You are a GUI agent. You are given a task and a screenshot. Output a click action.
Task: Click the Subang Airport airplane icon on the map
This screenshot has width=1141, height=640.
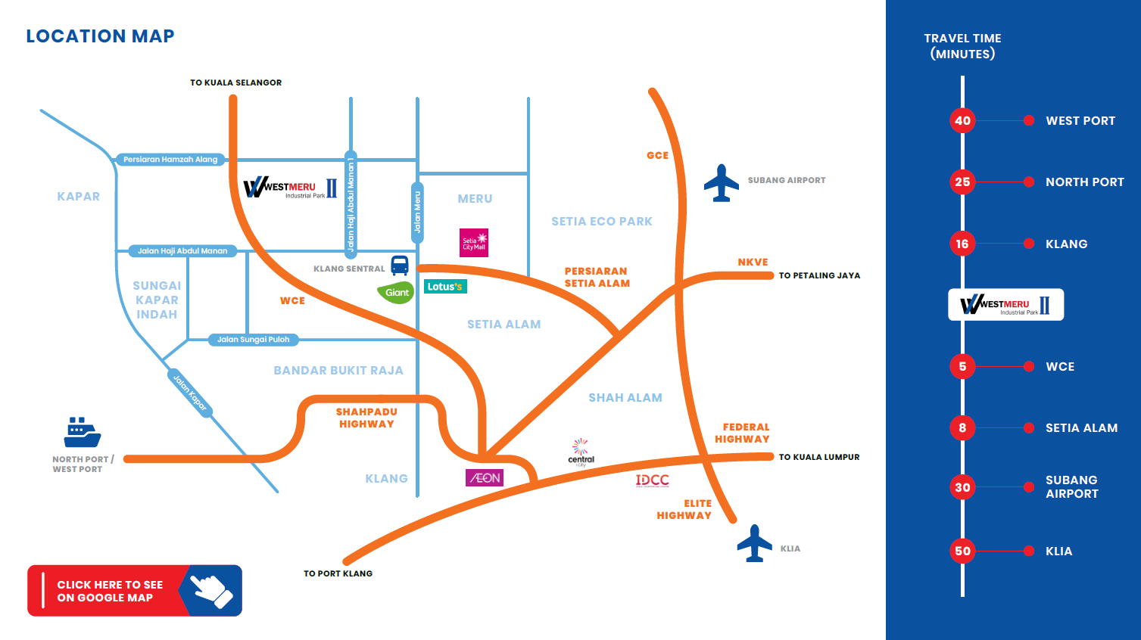[721, 183]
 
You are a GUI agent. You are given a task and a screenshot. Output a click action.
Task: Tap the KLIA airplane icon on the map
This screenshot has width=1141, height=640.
[754, 543]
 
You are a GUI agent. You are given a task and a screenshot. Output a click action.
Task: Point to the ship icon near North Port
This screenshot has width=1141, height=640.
[82, 433]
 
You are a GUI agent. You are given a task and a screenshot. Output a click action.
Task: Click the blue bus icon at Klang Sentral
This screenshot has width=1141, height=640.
[400, 266]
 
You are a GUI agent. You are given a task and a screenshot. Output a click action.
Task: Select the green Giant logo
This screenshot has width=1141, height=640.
[396, 292]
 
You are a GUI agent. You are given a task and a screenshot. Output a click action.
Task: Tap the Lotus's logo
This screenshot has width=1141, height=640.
[445, 287]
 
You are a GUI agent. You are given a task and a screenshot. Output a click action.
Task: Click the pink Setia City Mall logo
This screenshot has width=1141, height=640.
[474, 243]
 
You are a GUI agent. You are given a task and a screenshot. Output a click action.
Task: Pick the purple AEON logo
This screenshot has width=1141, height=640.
[485, 478]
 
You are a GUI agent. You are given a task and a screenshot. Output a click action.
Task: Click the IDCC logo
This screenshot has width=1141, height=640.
[652, 480]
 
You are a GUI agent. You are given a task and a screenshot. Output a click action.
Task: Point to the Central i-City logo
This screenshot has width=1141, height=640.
[581, 452]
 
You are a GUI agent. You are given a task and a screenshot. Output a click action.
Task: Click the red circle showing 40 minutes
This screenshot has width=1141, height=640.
[962, 120]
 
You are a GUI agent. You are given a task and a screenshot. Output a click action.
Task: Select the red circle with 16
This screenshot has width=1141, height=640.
[962, 244]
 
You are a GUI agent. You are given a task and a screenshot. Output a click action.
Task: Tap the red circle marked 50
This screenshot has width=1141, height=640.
[962, 551]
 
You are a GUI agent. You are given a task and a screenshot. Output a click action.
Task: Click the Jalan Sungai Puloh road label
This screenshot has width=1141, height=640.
[254, 340]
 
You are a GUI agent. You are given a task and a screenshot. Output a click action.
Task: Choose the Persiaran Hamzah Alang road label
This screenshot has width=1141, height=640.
[170, 160]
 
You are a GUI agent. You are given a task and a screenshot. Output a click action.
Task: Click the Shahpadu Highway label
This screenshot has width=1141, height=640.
[366, 418]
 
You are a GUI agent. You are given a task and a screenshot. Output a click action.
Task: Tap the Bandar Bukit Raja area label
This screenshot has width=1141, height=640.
[338, 371]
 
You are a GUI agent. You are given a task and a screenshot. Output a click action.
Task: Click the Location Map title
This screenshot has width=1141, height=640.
[100, 36]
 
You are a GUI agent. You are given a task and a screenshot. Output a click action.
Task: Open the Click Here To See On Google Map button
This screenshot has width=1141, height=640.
[135, 591]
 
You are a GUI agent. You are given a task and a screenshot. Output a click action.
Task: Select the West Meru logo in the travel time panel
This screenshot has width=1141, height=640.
[1005, 305]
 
